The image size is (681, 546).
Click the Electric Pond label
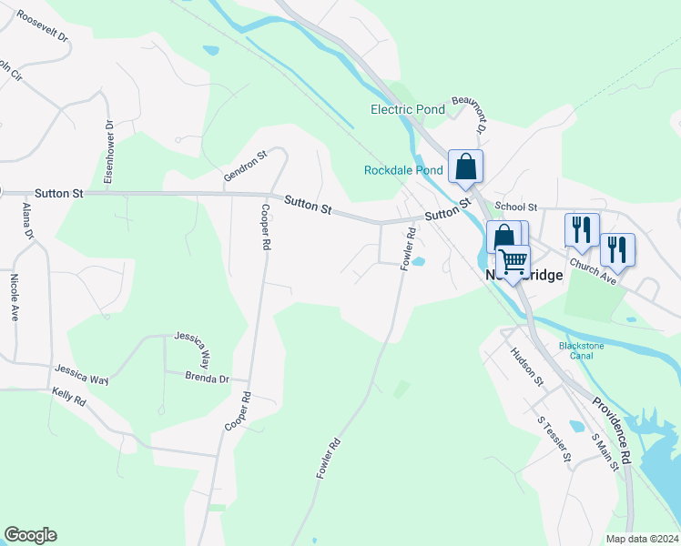pyautogui.click(x=407, y=110)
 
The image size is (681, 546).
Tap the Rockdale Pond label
pyautogui.click(x=403, y=170)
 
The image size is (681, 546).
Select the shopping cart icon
pyautogui.click(x=513, y=262)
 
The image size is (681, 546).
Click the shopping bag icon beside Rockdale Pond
pyautogui.click(x=465, y=167)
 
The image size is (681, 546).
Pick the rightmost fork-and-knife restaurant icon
pyautogui.click(x=617, y=250)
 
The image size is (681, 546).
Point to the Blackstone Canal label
pyautogui.click(x=575, y=350)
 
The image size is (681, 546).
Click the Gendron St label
pyautogui.click(x=246, y=167)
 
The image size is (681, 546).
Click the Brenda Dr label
pyautogui.click(x=206, y=378)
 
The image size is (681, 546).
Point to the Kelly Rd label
pyautogui.click(x=68, y=399)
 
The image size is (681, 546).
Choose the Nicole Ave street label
pyautogui.click(x=14, y=298)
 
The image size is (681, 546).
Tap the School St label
pyautogui.click(x=516, y=207)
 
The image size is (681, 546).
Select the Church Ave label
pyautogui.click(x=594, y=272)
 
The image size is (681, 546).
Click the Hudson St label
pyautogui.click(x=526, y=366)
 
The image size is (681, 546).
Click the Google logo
pyautogui.click(x=30, y=535)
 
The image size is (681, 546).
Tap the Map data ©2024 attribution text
pyautogui.click(x=641, y=539)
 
